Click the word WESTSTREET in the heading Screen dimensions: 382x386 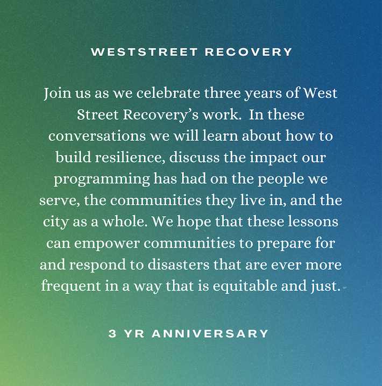tap(144, 52)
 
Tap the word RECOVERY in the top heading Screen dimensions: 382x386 tap(249, 52)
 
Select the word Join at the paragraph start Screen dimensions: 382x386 tap(58, 94)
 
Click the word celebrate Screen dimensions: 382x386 tap(168, 93)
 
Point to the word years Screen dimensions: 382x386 tap(263, 94)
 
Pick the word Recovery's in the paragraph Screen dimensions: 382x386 tap(160, 115)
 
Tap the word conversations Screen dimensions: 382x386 tap(97, 136)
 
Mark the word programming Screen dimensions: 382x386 tap(102, 179)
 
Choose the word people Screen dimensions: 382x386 tap(280, 179)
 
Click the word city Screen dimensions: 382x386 tap(55, 222)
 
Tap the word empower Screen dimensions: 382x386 tap(107, 244)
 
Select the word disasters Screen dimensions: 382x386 tap(178, 264)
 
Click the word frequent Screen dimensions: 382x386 tap(71, 286)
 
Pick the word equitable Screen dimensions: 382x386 tap(245, 286)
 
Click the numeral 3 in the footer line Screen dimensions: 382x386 tap(112, 334)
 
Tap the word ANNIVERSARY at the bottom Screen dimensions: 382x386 tap(210, 334)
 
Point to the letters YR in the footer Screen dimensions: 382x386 tap(134, 334)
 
